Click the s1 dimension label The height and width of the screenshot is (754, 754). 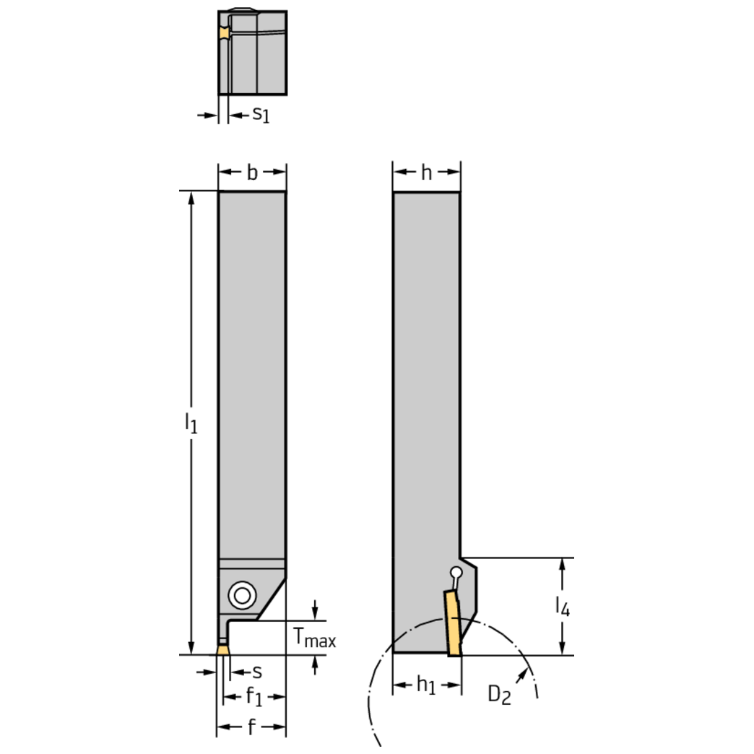[260, 114]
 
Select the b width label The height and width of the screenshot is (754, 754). [252, 173]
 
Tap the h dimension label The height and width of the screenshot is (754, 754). [427, 173]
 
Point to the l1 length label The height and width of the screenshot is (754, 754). [190, 423]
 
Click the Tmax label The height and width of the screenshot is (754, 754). [314, 638]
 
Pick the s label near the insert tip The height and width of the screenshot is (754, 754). [256, 672]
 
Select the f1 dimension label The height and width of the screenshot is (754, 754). [253, 697]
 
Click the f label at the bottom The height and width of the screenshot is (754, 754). [251, 728]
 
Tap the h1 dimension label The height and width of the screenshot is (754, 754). [427, 685]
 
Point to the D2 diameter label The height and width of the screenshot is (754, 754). [499, 695]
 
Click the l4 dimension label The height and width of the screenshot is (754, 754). [562, 607]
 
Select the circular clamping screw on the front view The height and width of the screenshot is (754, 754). [240, 596]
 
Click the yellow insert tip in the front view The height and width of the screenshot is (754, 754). [223, 650]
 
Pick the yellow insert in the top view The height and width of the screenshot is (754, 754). [224, 34]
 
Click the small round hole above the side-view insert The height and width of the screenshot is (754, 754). [455, 573]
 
